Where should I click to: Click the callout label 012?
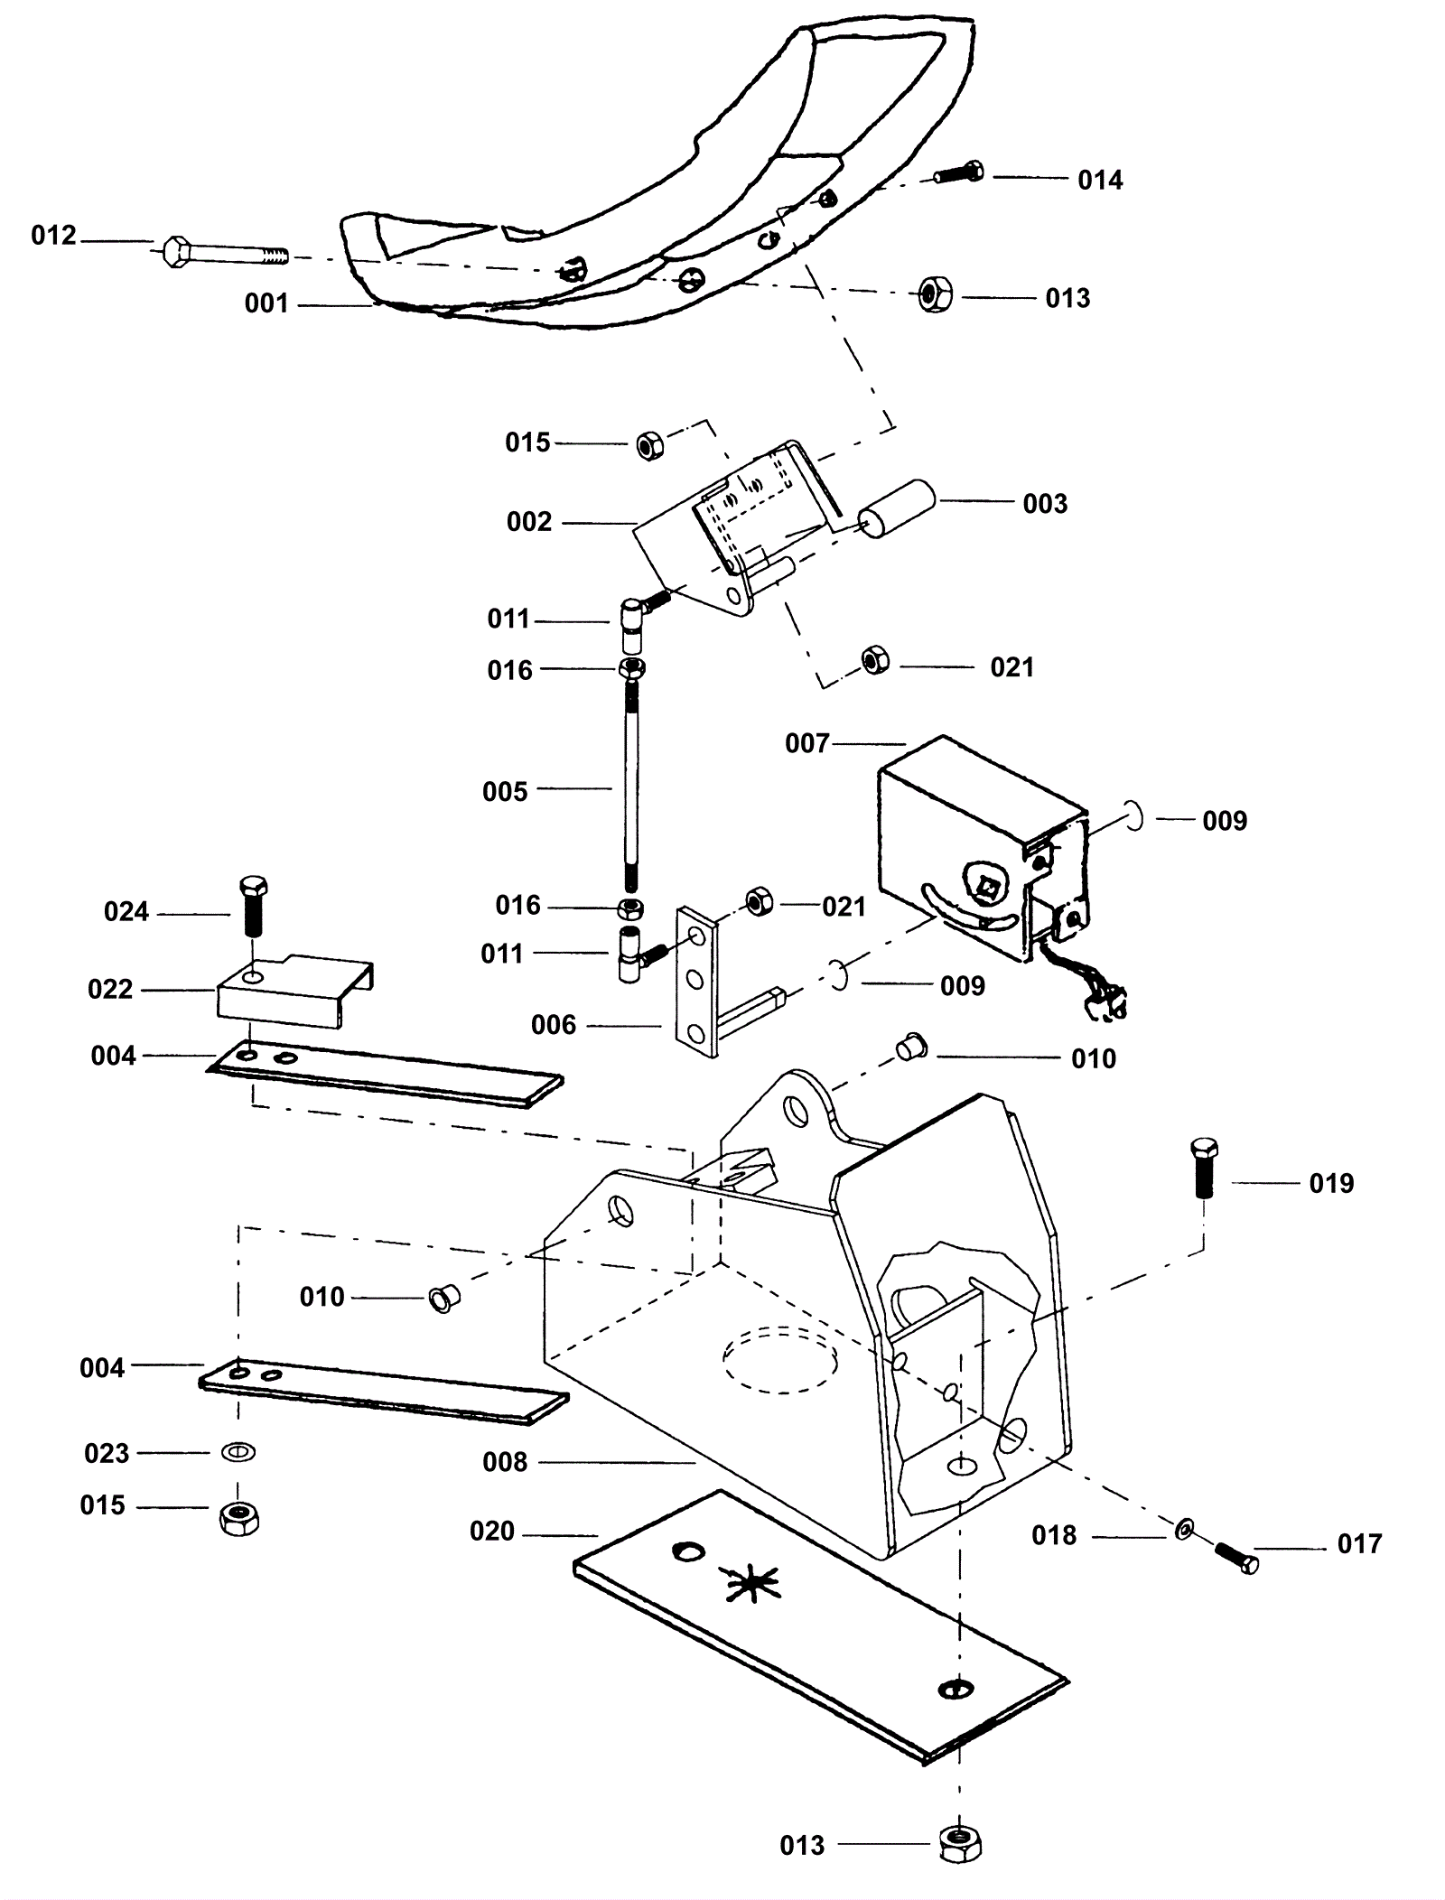click(x=53, y=236)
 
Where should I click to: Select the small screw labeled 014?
click(x=959, y=172)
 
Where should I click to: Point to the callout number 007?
click(x=807, y=743)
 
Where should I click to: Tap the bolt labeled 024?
click(x=254, y=905)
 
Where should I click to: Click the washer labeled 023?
click(x=238, y=1452)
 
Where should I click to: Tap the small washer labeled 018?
click(x=1185, y=1529)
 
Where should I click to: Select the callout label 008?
click(x=505, y=1461)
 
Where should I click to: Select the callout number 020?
click(x=492, y=1532)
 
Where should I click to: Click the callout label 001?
click(x=266, y=303)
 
